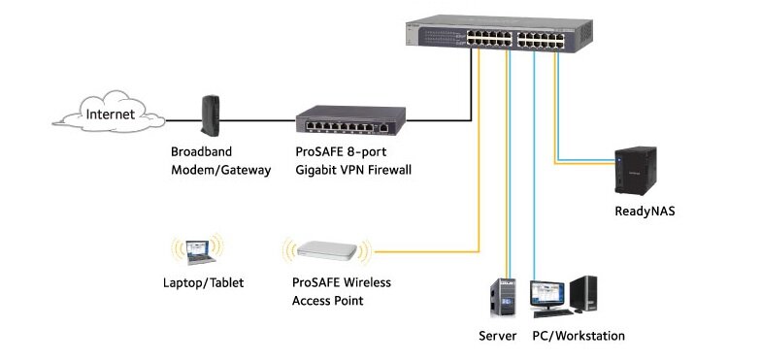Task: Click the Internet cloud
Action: [x=108, y=117]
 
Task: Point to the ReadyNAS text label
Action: [x=644, y=210]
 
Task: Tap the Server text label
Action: [x=498, y=336]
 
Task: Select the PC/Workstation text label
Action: [x=579, y=336]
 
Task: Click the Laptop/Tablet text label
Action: [x=204, y=283]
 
